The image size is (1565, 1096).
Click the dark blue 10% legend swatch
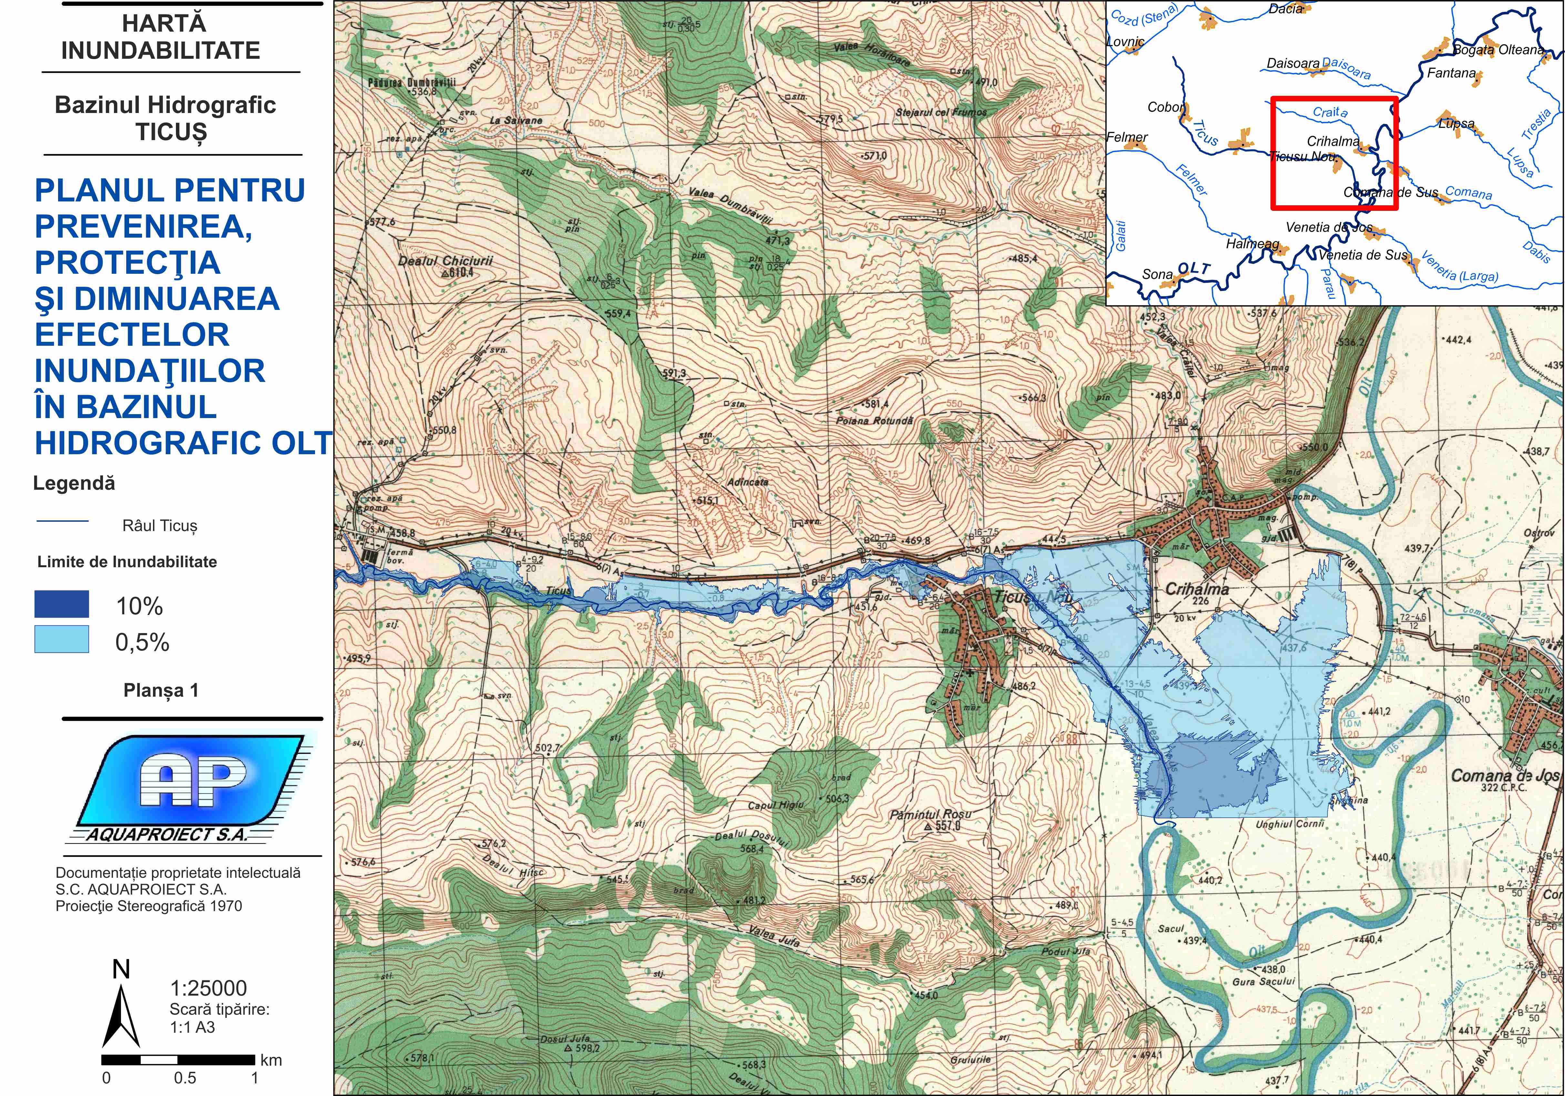tap(61, 604)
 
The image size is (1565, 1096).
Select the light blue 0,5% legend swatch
tap(61, 639)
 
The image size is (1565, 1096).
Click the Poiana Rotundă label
tap(874, 421)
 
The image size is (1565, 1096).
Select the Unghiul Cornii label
tap(1290, 824)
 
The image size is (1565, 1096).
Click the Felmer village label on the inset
tap(1126, 137)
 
